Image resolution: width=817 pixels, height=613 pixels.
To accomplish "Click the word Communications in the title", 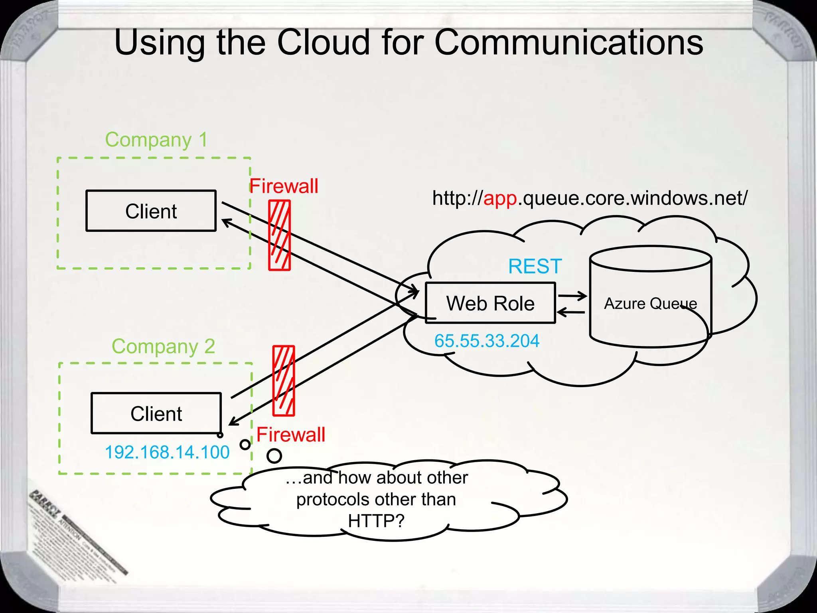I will click(x=568, y=42).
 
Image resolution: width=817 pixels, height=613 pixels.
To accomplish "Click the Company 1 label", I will click(x=156, y=140).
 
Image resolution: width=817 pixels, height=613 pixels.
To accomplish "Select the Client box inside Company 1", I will click(x=151, y=211).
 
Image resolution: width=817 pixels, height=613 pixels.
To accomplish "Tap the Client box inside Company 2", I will click(x=156, y=413).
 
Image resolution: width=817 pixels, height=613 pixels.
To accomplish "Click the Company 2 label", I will click(x=163, y=346).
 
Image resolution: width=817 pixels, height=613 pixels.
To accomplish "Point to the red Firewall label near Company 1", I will click(x=284, y=186).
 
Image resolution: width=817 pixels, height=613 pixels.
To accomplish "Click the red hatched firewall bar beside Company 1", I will click(x=279, y=235).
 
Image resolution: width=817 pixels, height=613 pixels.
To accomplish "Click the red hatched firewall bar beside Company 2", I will click(x=284, y=381).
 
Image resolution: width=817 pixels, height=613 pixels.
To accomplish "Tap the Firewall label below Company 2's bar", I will click(x=291, y=435).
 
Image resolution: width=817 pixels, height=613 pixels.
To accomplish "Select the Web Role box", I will click(x=490, y=303).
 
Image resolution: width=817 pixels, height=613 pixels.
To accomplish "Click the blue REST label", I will click(x=535, y=266).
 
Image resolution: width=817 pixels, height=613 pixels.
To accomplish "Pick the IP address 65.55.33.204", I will click(x=487, y=341).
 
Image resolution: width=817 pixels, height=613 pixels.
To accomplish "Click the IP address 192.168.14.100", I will click(x=167, y=452).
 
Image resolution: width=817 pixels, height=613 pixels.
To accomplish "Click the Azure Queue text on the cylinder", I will click(x=650, y=304).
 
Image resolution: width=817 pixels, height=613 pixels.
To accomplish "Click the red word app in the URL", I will click(x=500, y=198).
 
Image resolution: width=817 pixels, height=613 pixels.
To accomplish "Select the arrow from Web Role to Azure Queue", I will click(x=572, y=296).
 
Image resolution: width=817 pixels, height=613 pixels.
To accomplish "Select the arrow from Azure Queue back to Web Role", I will click(x=570, y=312).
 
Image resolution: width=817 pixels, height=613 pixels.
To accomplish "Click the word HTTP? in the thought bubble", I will click(x=376, y=520).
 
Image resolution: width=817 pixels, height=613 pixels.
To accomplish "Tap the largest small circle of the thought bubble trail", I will click(x=274, y=455).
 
